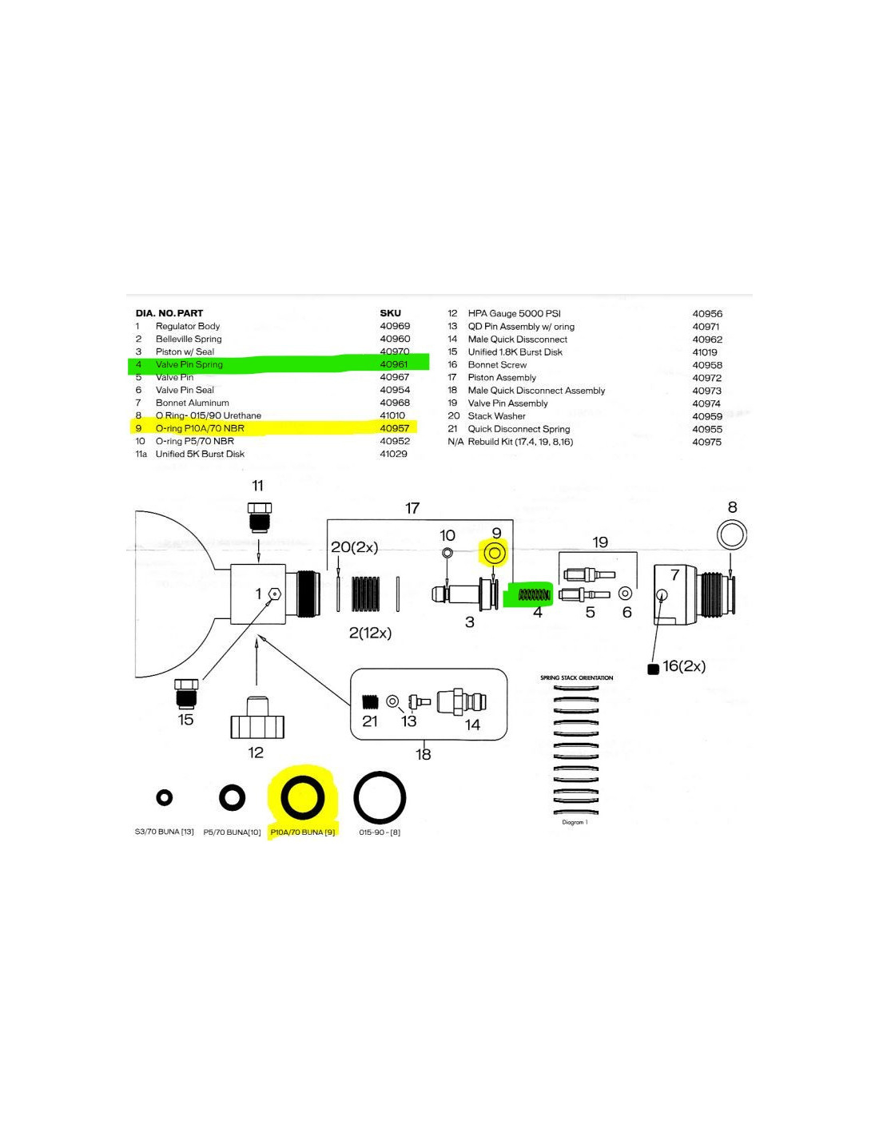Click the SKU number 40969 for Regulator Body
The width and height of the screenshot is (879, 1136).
point(395,326)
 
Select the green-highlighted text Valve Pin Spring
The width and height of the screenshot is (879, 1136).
point(189,364)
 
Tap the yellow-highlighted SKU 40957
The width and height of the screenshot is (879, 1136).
point(395,428)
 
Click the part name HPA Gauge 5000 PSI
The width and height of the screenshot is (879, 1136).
point(515,313)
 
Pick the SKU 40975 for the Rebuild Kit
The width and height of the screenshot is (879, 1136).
point(706,442)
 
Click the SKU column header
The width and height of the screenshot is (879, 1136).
point(390,313)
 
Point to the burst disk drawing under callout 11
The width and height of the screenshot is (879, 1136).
point(260,516)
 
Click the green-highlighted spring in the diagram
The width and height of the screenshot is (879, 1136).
point(534,594)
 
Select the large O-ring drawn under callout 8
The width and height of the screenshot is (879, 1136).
point(731,534)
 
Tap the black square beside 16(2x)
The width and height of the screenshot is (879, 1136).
point(653,669)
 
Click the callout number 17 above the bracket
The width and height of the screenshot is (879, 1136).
point(412,508)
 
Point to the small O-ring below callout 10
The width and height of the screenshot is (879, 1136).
point(447,553)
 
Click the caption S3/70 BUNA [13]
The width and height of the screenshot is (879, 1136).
point(165,832)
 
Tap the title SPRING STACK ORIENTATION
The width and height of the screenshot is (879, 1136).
point(577,677)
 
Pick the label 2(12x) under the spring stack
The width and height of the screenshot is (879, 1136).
point(370,633)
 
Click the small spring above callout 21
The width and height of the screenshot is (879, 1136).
point(369,701)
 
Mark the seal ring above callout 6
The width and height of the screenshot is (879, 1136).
point(626,594)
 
